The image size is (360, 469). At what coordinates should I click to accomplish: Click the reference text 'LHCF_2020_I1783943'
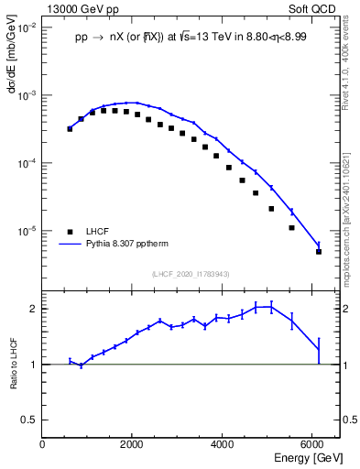click(x=191, y=273)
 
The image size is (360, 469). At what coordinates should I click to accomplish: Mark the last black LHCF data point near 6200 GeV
click(x=318, y=251)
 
